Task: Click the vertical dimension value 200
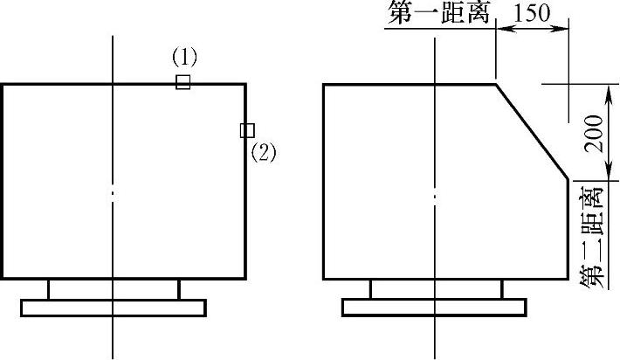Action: pyautogui.click(x=593, y=133)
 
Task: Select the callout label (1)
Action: pyautogui.click(x=184, y=58)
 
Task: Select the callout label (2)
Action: pyautogui.click(x=263, y=153)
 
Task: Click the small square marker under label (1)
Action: pyautogui.click(x=183, y=82)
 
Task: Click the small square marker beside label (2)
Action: pyautogui.click(x=247, y=130)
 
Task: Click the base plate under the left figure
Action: pyautogui.click(x=114, y=308)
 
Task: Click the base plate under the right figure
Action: pyautogui.click(x=434, y=308)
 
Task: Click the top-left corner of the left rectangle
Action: pyautogui.click(x=2, y=84)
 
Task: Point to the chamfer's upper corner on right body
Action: pyautogui.click(x=496, y=84)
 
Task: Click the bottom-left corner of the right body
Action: pyautogui.click(x=324, y=280)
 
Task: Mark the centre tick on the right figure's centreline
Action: pyautogui.click(x=434, y=194)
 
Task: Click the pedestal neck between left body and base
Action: pyautogui.click(x=114, y=289)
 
